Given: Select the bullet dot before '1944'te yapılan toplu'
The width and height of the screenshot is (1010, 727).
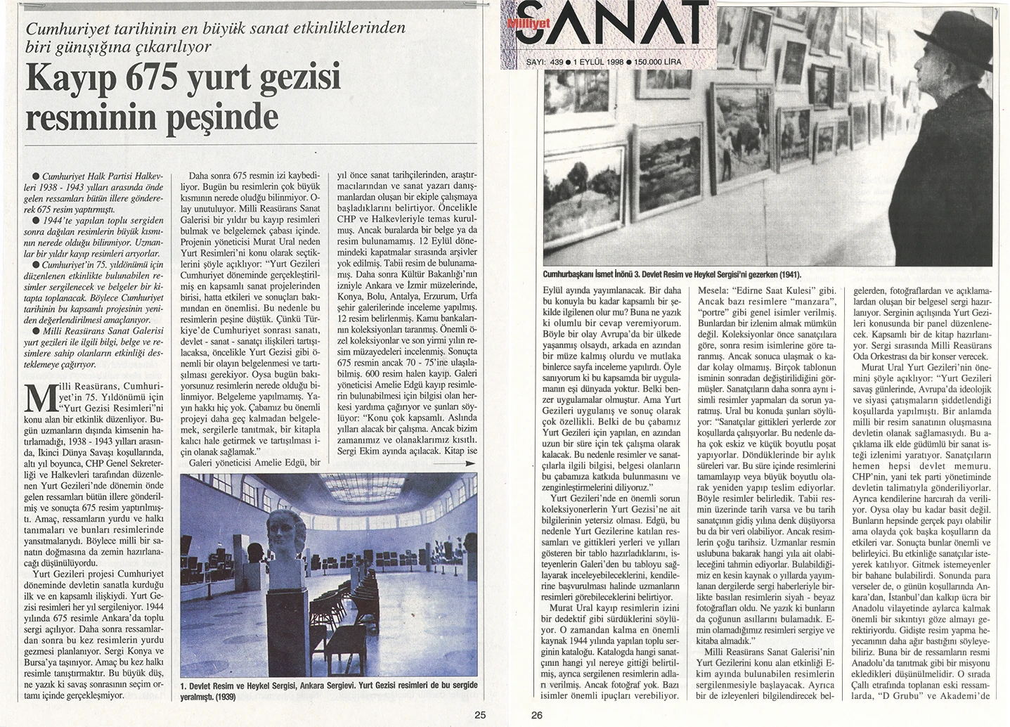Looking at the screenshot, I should pos(36,220).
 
